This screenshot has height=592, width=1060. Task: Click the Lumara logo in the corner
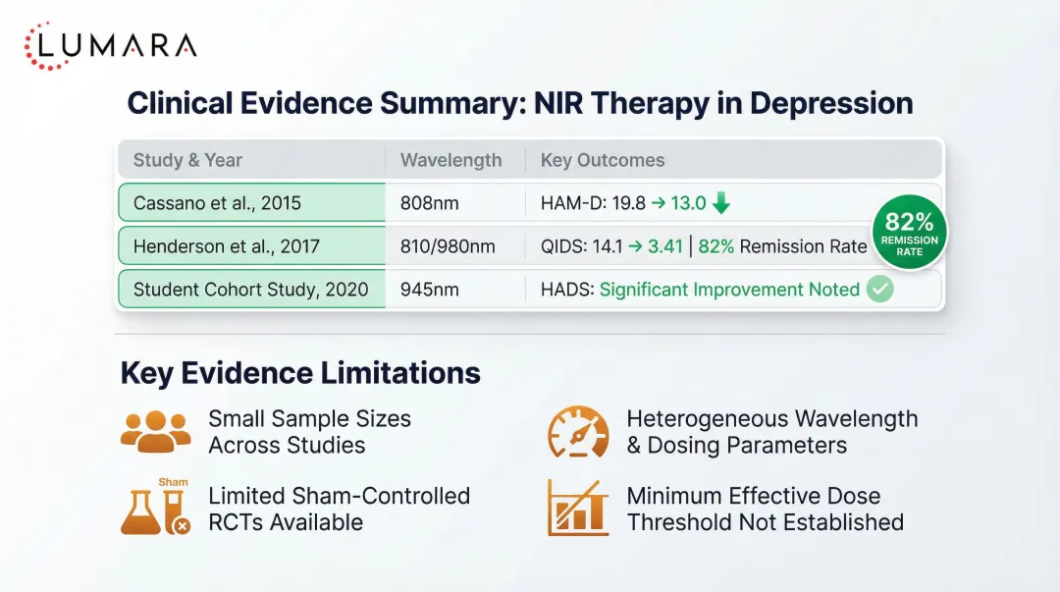pos(110,45)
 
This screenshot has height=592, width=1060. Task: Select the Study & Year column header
pos(187,160)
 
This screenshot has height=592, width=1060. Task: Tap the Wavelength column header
pos(450,160)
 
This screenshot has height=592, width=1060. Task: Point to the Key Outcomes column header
pos(603,160)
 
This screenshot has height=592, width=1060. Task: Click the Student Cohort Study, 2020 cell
pos(251,289)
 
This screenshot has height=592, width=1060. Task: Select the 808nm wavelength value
pos(430,204)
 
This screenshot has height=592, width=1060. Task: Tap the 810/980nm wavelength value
pos(448,246)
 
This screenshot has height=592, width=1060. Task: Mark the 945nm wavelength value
pos(430,289)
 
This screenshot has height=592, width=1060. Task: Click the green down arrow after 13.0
pos(721,204)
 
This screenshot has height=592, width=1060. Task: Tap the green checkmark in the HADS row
pos(880,290)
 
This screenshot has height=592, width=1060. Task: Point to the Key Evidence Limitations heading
pos(300,373)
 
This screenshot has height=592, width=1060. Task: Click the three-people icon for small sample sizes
pos(155,431)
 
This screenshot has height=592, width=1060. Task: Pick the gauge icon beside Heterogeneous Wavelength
pos(578,432)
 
